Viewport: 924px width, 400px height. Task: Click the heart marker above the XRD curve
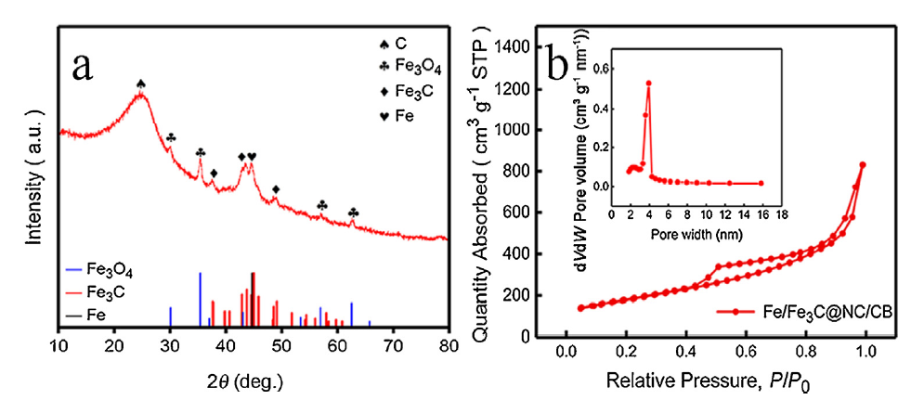pyautogui.click(x=252, y=157)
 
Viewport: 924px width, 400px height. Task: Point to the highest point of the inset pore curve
pyautogui.click(x=648, y=84)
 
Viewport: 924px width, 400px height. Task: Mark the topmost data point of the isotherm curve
pyautogui.click(x=863, y=165)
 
